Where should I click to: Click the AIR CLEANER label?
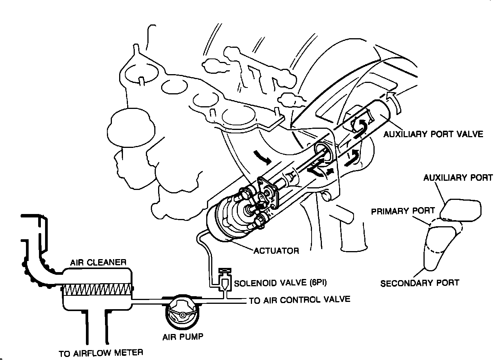point(98,263)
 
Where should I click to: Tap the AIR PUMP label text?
point(183,337)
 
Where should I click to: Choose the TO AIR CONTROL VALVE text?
point(299,300)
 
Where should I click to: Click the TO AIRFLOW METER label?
point(101,353)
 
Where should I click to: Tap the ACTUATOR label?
point(276,251)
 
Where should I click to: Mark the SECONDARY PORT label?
point(419,283)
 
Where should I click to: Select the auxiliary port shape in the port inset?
point(460,210)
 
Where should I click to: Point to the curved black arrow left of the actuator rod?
point(262,156)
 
